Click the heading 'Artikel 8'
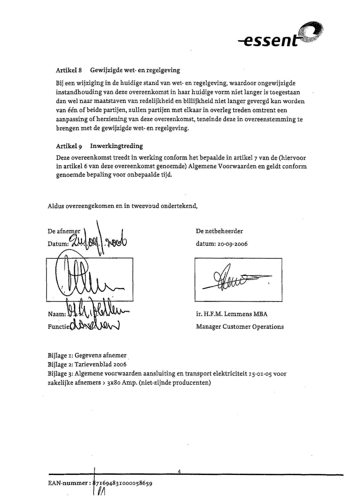click(x=69, y=70)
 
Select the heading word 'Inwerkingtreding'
click(x=116, y=146)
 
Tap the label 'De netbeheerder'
click(x=219, y=231)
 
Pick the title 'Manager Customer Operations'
click(x=240, y=327)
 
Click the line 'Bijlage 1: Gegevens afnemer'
click(x=87, y=355)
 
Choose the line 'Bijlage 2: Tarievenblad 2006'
click(x=87, y=364)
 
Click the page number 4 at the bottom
click(x=180, y=471)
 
